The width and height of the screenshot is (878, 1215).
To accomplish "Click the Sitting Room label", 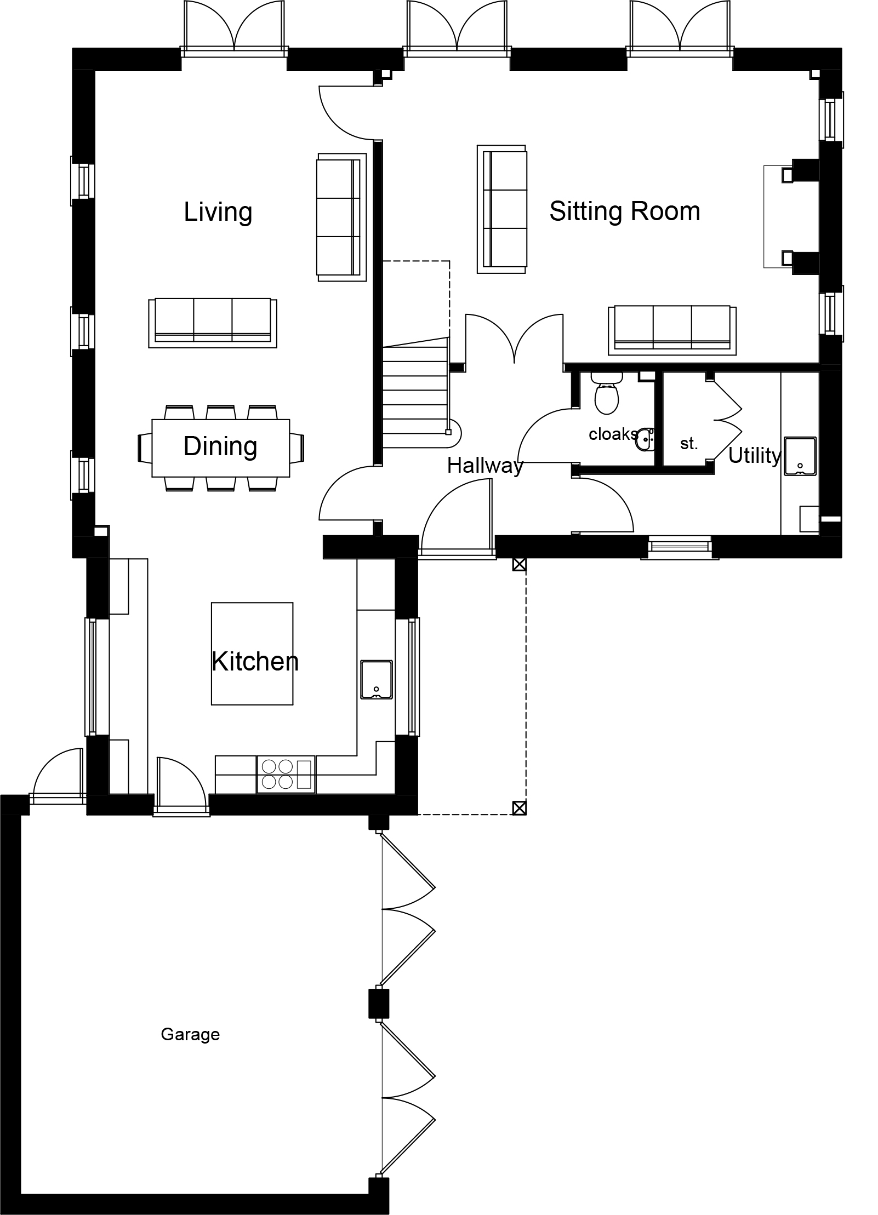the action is coord(625,211).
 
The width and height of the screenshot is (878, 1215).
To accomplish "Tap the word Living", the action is coord(218,213).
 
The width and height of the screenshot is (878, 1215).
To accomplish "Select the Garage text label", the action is coord(190,1035).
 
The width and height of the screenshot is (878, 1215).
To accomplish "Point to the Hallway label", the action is coord(485,466).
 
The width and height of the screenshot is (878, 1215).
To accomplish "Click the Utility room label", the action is coord(755,456).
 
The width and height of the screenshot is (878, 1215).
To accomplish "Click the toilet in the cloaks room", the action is coord(607,393).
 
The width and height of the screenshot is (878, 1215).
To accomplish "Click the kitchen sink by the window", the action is coord(377,679).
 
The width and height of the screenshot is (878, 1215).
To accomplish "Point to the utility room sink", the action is coord(800,456).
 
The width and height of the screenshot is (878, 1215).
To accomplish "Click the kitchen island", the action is coord(252,654).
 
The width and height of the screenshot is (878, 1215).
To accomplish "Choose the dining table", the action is coord(221,448).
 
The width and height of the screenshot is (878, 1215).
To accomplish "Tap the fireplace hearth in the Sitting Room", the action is coord(778,216).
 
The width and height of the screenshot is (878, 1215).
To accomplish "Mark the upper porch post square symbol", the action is coord(519,565).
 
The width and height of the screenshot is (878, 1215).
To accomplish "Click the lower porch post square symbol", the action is coord(519,807).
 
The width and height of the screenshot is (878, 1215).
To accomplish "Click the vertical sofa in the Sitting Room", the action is coord(502,209).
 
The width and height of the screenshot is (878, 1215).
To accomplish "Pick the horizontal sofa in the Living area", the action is coord(213,323).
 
